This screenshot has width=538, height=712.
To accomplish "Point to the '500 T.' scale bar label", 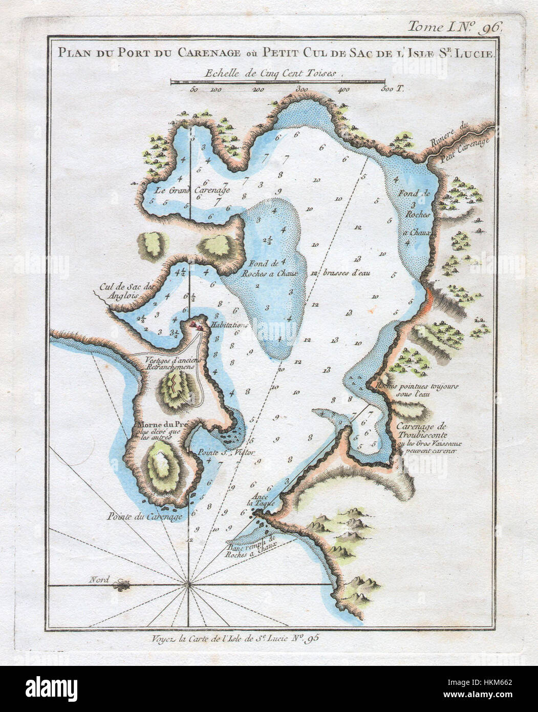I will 393,90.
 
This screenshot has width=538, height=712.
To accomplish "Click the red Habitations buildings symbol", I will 195,324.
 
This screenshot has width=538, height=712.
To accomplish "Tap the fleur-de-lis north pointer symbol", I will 123,583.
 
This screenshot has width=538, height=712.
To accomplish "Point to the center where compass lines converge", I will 189,583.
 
